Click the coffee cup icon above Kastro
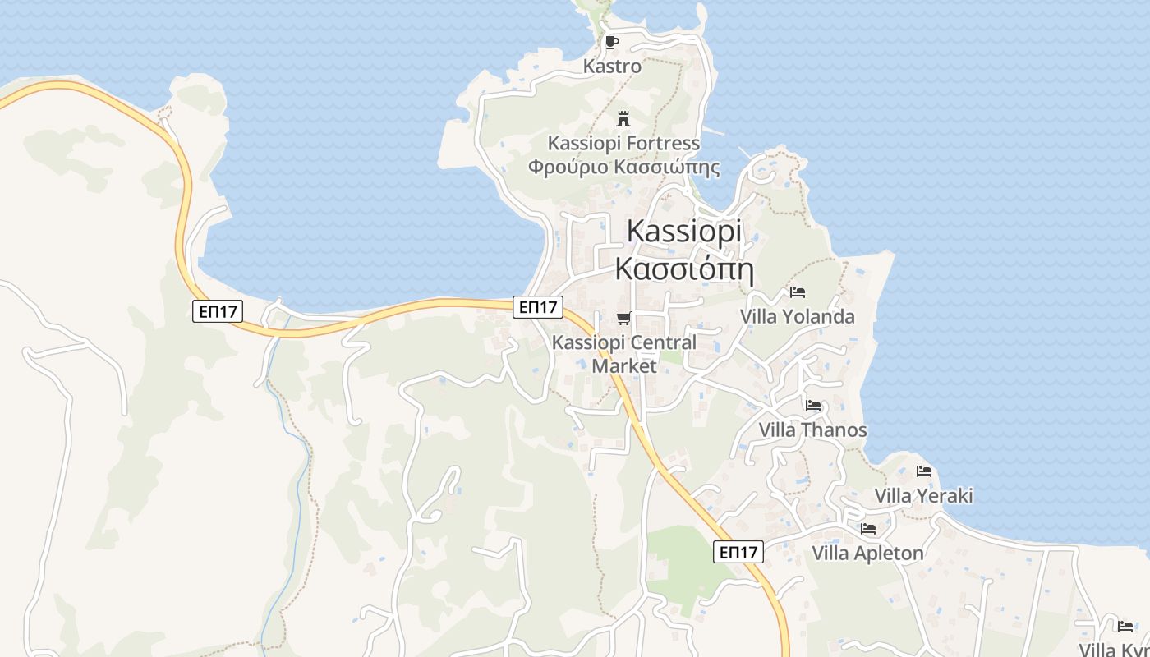click(611, 42)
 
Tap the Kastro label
click(612, 66)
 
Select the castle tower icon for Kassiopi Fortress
click(623, 118)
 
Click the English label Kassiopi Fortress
click(623, 143)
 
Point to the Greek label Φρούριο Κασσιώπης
click(623, 168)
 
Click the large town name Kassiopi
click(683, 231)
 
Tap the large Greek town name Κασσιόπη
click(683, 269)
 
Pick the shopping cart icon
click(623, 318)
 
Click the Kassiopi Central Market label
click(624, 354)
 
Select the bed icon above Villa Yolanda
click(797, 292)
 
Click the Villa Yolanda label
click(797, 316)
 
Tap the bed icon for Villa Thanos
click(813, 406)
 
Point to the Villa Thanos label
click(812, 430)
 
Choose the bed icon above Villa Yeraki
click(924, 471)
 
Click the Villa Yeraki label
click(923, 495)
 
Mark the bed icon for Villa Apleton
click(868, 529)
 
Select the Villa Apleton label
click(867, 553)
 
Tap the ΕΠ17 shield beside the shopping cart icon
click(538, 307)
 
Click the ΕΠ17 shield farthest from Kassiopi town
click(218, 311)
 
